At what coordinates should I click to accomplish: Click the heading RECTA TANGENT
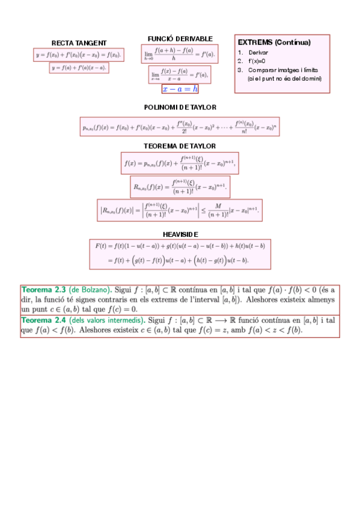coord(79,43)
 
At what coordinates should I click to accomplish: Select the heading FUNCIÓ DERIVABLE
coord(172,38)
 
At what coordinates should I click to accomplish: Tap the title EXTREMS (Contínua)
coord(274,43)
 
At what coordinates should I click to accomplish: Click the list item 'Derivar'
coord(258,52)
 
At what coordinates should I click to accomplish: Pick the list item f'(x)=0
coord(257,61)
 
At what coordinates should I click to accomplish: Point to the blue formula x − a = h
coord(180,89)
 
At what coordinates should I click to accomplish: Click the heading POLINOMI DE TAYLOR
coord(180,107)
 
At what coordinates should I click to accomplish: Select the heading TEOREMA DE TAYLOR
coord(180,146)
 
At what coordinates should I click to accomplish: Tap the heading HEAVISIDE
coord(180,234)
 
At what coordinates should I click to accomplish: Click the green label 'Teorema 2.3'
coord(43,289)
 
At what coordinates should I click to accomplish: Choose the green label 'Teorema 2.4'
coord(43,320)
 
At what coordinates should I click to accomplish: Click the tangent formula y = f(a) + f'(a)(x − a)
coord(79,68)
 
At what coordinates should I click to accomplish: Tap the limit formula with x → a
coord(179,75)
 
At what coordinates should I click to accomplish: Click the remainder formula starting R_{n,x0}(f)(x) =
coord(180,186)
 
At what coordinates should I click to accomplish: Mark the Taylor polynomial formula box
coord(180,126)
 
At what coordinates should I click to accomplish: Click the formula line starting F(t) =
coord(180,245)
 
